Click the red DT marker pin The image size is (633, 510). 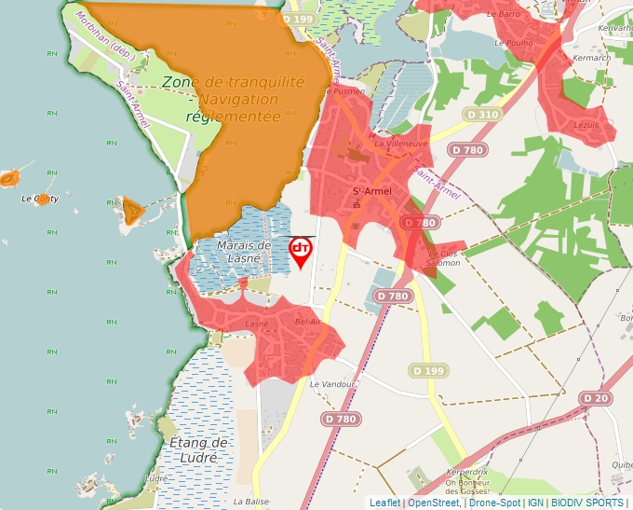point(301,250)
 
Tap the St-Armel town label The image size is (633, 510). point(370,192)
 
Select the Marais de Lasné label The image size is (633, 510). point(243,251)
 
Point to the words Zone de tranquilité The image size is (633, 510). point(234,82)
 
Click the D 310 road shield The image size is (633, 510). point(482,114)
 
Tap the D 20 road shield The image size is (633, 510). point(598,398)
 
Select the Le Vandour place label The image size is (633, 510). point(333,384)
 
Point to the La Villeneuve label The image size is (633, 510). point(400,145)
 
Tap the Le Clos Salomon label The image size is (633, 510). point(444,258)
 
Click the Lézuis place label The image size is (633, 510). point(586,124)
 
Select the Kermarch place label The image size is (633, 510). point(593,58)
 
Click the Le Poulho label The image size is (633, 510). point(513,43)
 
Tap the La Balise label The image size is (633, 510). point(251,501)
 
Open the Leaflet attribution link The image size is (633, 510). point(384,503)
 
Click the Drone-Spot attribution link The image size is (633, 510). point(494,503)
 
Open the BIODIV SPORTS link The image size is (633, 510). point(587,503)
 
